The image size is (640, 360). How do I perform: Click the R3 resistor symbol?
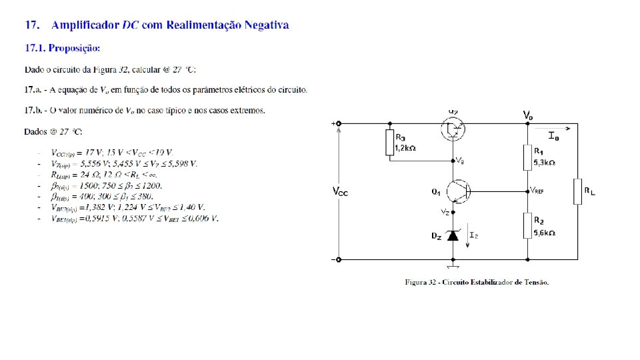(390, 143)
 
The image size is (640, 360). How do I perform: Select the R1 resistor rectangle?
(527, 158)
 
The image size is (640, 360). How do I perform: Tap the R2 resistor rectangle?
(527, 225)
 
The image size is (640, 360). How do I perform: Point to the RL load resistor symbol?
(577, 191)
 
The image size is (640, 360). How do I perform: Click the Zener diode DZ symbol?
(453, 235)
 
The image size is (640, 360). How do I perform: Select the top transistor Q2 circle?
(453, 129)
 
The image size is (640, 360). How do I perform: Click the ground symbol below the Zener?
(453, 267)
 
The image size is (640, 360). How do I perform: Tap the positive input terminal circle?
(339, 123)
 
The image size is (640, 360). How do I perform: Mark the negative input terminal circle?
(339, 259)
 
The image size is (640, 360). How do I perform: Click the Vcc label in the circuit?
(340, 192)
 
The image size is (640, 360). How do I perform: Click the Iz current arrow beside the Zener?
(468, 239)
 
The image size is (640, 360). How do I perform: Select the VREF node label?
(537, 190)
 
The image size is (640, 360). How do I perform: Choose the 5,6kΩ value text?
(545, 233)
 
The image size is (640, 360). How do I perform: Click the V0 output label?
(527, 115)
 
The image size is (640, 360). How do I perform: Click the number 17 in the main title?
(31, 25)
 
